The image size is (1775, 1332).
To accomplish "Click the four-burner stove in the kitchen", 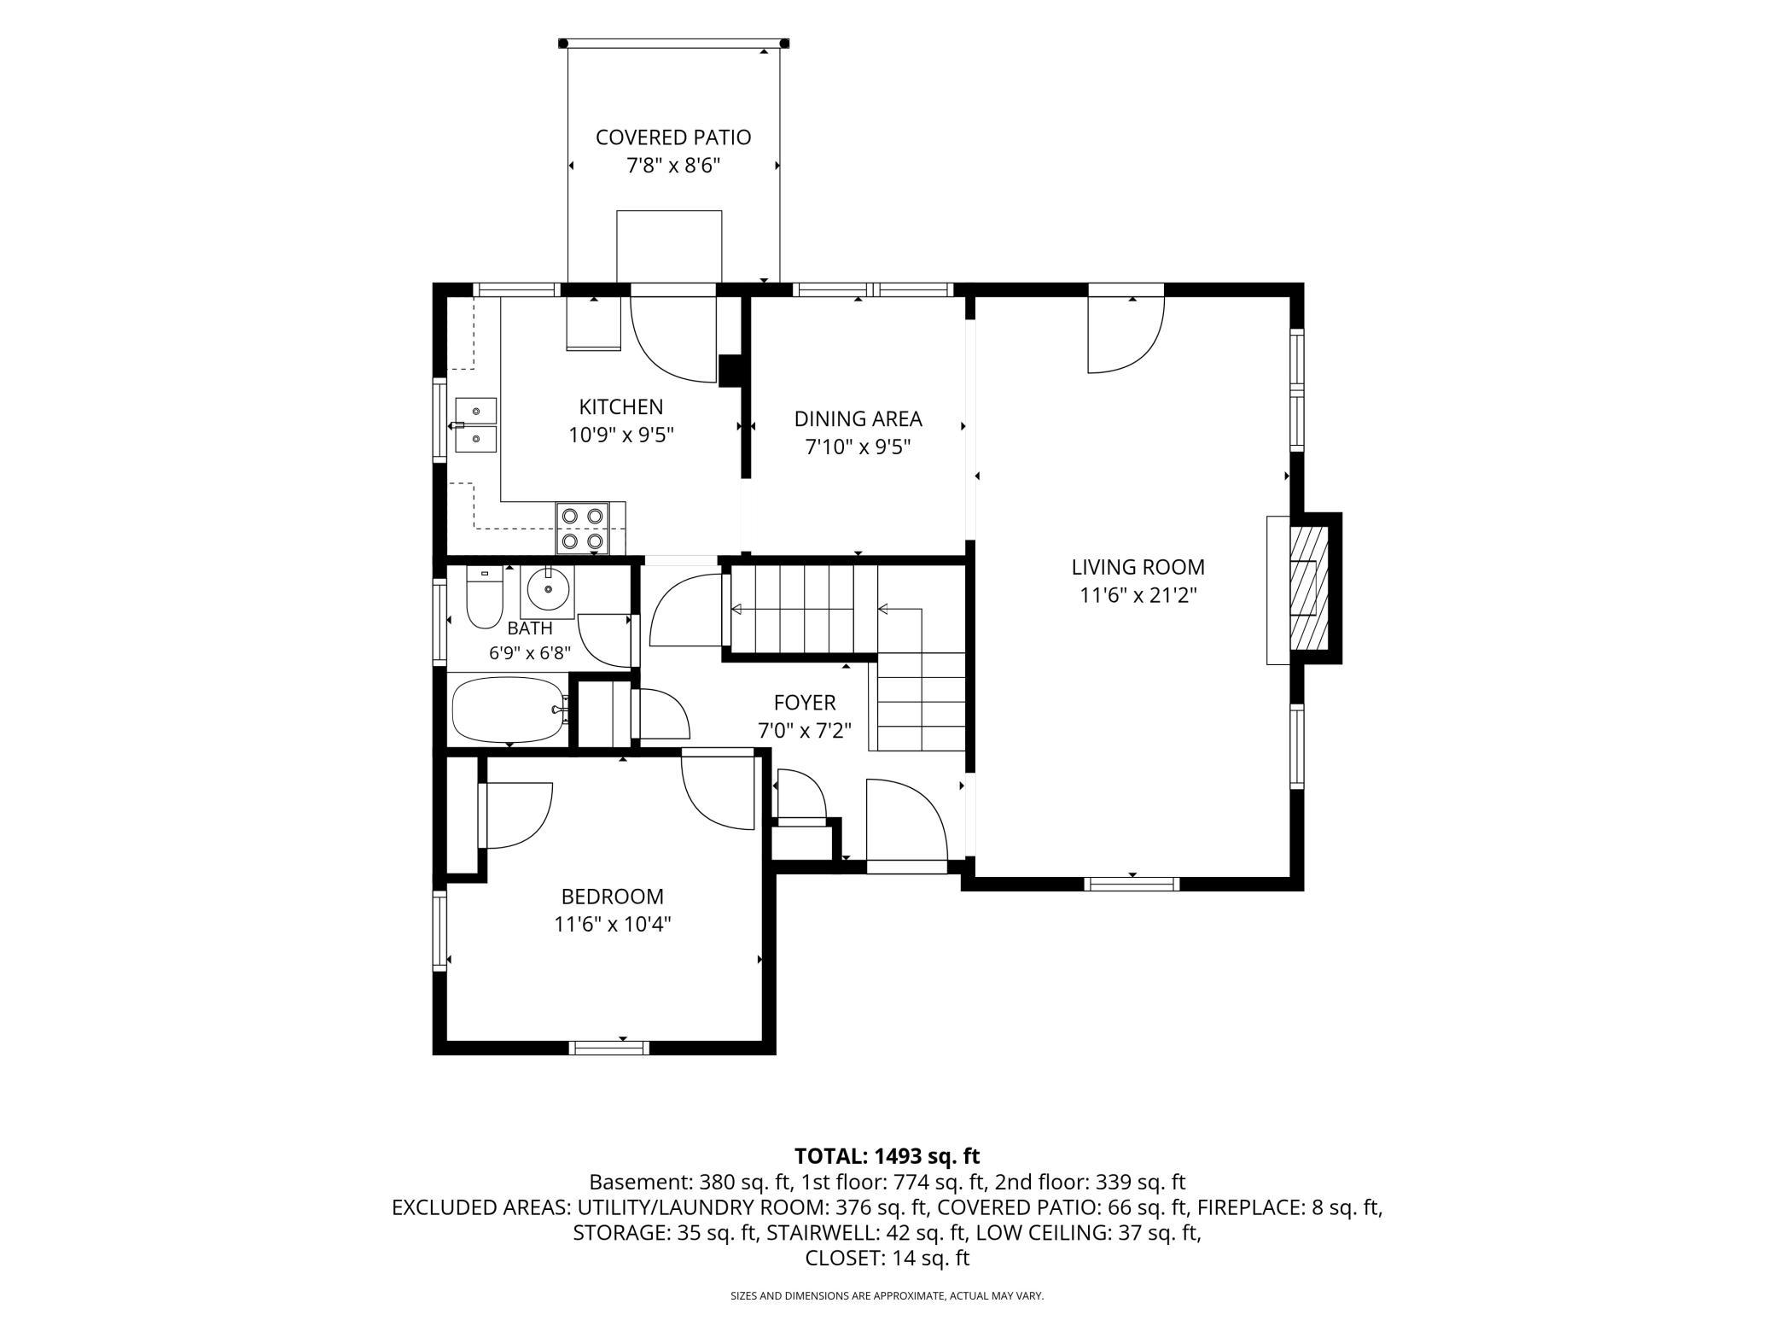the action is (x=583, y=528).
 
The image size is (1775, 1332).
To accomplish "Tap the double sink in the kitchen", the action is (x=475, y=425).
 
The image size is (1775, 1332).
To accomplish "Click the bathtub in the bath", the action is (x=509, y=709).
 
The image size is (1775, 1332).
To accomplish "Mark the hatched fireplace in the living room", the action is (x=1309, y=587).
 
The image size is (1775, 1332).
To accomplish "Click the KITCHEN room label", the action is (x=621, y=407).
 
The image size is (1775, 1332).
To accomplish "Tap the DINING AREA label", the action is (x=858, y=419).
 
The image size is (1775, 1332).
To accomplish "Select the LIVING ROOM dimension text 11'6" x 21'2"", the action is (x=1138, y=595).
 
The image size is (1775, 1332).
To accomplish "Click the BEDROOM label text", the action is (x=612, y=897).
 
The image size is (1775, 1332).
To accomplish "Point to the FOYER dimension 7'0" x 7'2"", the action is (x=805, y=731).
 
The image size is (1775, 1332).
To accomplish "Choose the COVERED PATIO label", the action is (x=673, y=137).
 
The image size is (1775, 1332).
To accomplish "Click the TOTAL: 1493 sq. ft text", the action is (x=887, y=1156).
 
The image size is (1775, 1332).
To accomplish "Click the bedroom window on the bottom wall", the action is (x=609, y=1048).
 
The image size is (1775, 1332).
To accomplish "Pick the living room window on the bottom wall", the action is (x=1132, y=884).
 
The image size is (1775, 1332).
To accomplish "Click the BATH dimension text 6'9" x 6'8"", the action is (x=530, y=654).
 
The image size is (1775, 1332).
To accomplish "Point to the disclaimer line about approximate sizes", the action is (x=887, y=1296).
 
